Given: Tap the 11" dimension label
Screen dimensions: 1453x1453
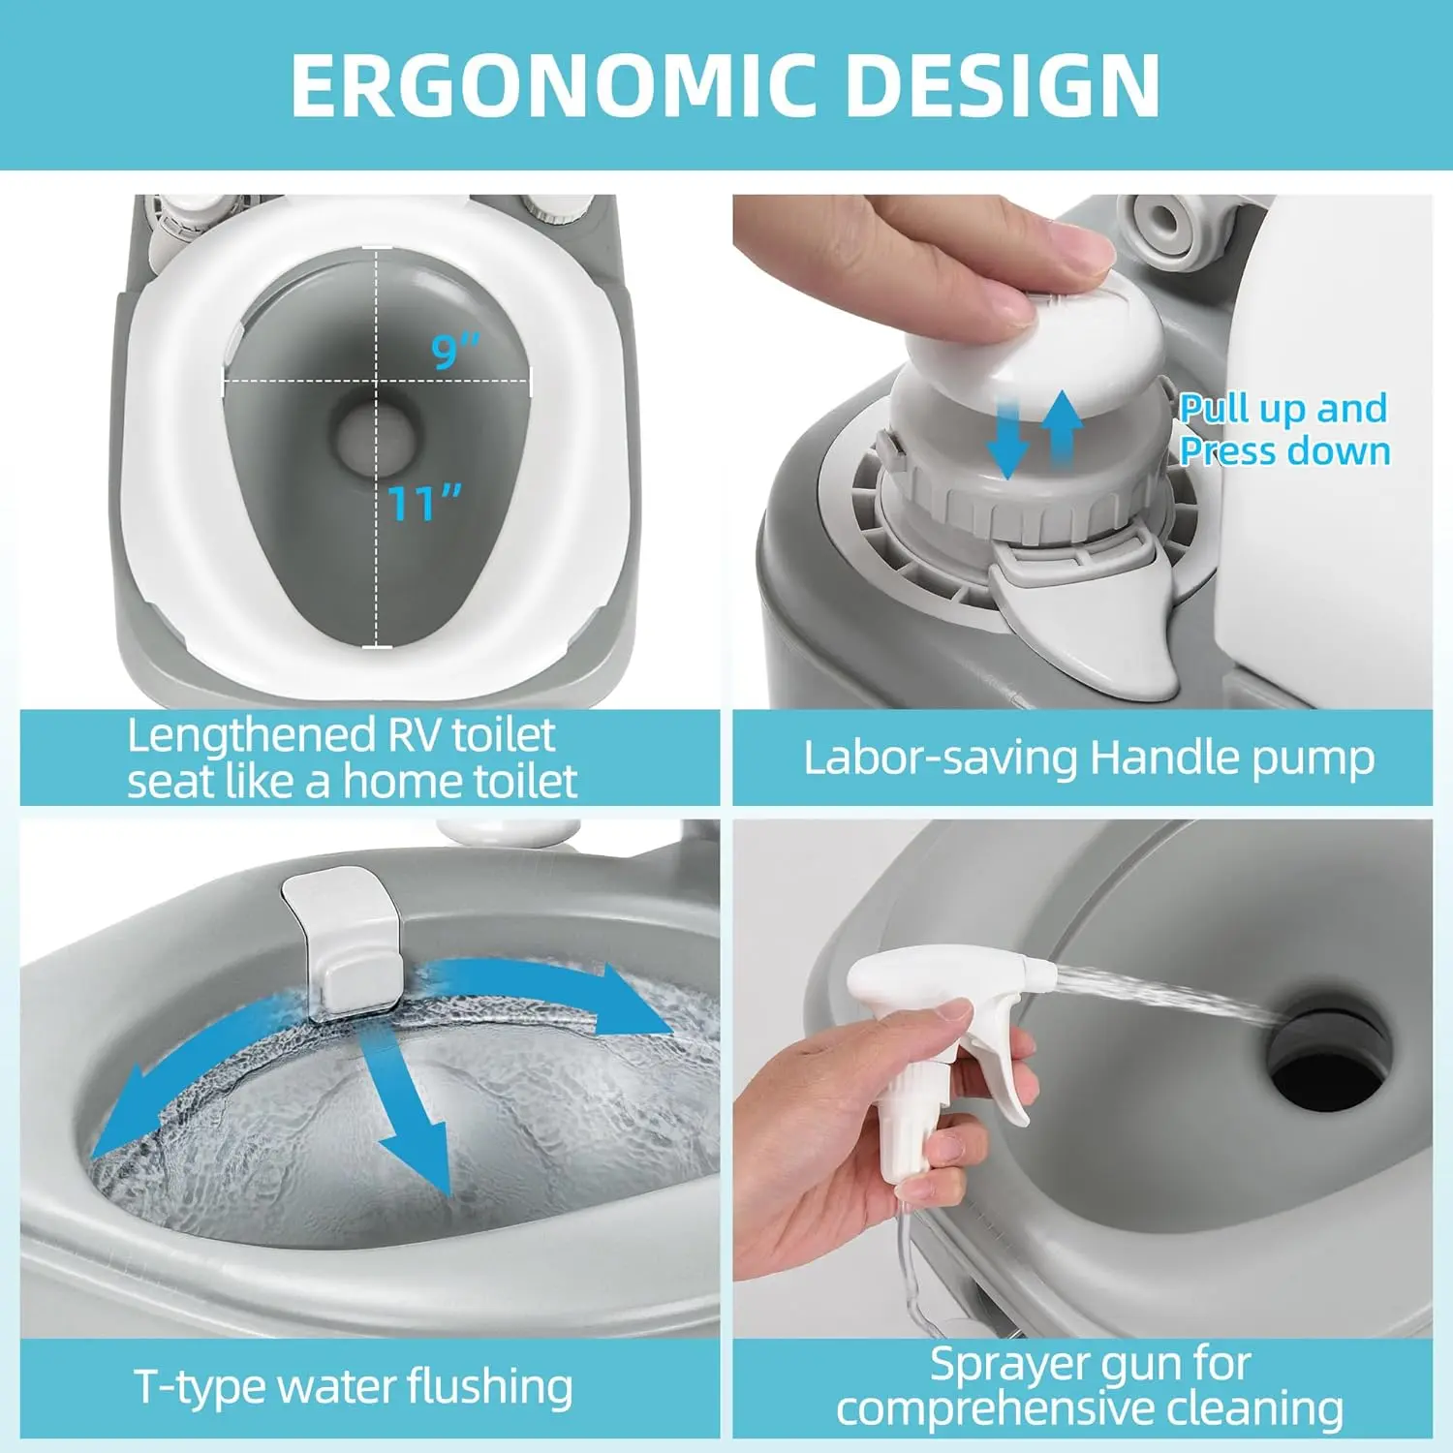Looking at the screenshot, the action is [x=424, y=502].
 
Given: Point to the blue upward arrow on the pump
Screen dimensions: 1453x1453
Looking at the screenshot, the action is [x=1063, y=431].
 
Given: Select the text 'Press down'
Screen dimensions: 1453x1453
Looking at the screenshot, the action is [x=1285, y=451].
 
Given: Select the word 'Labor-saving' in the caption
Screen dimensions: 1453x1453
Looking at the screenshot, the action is [x=940, y=757].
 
